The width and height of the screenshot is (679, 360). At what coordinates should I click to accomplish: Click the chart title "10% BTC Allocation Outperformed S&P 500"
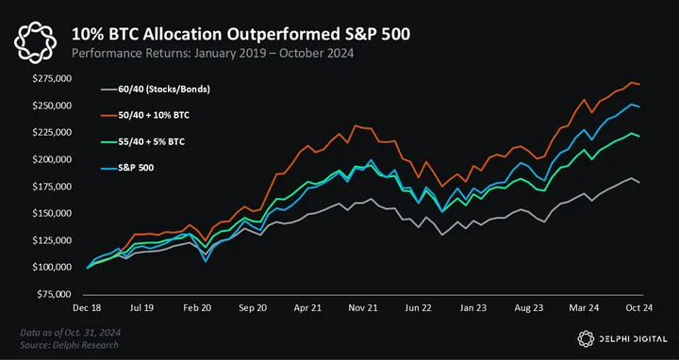tap(240, 35)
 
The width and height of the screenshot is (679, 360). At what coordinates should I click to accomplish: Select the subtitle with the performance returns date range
tap(212, 54)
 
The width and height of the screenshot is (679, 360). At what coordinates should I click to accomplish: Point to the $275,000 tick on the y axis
tap(52, 79)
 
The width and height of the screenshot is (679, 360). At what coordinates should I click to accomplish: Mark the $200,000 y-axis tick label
tap(52, 159)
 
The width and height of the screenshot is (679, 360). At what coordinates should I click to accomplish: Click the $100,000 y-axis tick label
tap(52, 267)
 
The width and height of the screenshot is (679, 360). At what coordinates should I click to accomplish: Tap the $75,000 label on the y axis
tap(54, 294)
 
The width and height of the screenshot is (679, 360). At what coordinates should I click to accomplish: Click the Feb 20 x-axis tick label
tap(197, 307)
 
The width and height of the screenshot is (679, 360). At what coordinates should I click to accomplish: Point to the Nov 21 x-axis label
tap(363, 307)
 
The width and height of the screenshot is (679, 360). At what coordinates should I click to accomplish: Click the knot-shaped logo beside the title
tap(36, 42)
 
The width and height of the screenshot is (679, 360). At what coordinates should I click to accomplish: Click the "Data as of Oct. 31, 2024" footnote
tap(70, 333)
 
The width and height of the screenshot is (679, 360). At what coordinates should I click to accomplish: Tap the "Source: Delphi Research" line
tap(69, 345)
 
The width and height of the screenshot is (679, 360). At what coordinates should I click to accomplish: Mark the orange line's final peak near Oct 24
tap(632, 82)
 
